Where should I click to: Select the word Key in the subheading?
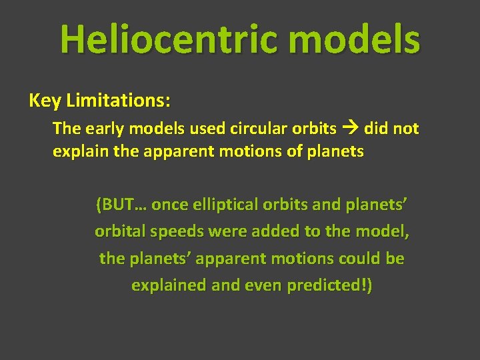44,101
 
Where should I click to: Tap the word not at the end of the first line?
405,128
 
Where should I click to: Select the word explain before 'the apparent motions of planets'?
76,151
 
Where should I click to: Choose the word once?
170,205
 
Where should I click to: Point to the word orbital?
119,231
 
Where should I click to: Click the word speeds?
175,231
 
